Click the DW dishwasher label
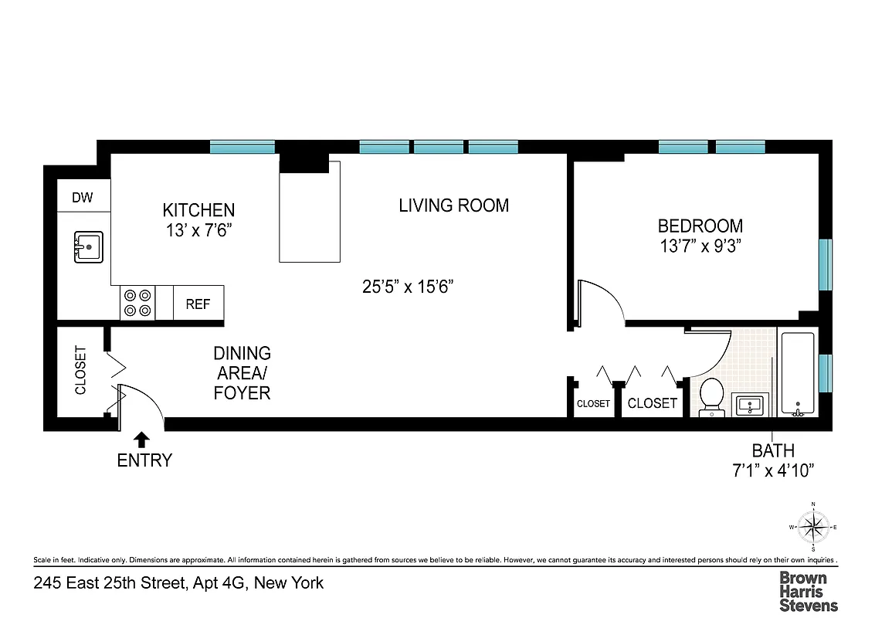click(x=83, y=198)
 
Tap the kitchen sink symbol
click(x=89, y=247)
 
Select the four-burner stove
click(x=137, y=302)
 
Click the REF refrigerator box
click(x=198, y=304)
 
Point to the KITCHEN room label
click(x=198, y=210)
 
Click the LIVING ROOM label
click(x=454, y=205)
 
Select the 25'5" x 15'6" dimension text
click(x=408, y=287)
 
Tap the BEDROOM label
click(x=700, y=226)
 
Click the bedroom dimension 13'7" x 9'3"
click(x=700, y=246)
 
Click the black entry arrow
click(x=141, y=440)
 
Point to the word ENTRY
click(x=144, y=460)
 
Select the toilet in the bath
click(x=711, y=396)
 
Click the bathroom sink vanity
click(x=750, y=404)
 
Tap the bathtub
click(x=797, y=375)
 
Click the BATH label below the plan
click(x=773, y=450)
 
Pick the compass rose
click(x=813, y=528)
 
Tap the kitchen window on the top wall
click(x=242, y=147)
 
